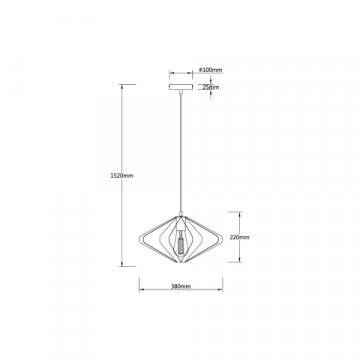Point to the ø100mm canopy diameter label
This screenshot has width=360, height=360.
click(x=209, y=70)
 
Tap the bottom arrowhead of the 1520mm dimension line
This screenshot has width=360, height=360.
click(x=123, y=266)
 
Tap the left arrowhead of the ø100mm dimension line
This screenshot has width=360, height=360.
click(x=169, y=70)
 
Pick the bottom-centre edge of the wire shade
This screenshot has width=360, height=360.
click(x=180, y=265)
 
